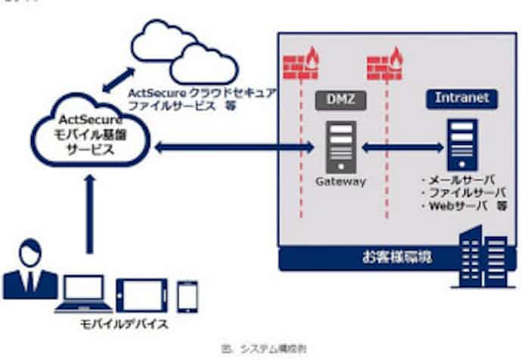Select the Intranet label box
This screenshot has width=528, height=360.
[x=461, y=98]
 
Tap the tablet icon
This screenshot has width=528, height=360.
[x=141, y=294]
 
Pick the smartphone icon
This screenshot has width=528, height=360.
[x=187, y=296]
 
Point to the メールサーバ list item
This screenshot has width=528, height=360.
[x=461, y=182]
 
